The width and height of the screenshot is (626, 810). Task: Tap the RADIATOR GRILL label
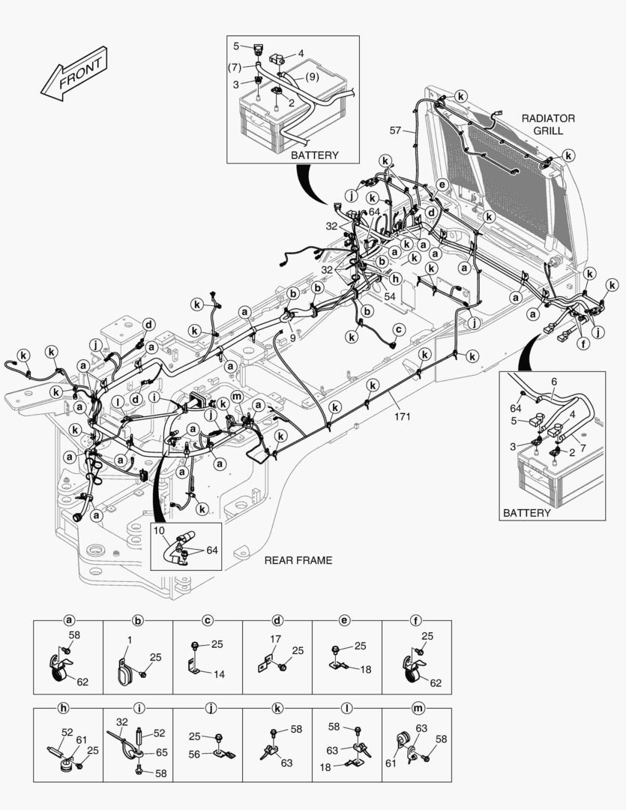tap(548, 124)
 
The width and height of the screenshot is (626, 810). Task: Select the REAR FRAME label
tap(298, 560)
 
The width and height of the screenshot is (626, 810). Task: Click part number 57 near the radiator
tap(395, 130)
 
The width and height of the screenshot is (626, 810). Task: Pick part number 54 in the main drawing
tap(389, 298)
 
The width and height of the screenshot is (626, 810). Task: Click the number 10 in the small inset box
tap(159, 531)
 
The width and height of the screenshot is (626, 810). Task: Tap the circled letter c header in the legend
tap(208, 620)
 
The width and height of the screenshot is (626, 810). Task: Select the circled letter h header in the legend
tap(69, 708)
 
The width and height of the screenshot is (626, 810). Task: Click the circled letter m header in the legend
tap(417, 708)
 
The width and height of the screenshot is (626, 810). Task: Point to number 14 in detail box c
tap(219, 674)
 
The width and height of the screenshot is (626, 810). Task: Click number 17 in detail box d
tap(275, 640)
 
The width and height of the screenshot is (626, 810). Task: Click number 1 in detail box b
tap(129, 640)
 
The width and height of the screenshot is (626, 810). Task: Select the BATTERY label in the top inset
tap(315, 155)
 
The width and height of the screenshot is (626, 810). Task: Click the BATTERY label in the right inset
tap(526, 513)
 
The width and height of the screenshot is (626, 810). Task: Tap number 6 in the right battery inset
tap(553, 381)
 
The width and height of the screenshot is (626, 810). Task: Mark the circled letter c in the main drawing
tap(399, 328)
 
